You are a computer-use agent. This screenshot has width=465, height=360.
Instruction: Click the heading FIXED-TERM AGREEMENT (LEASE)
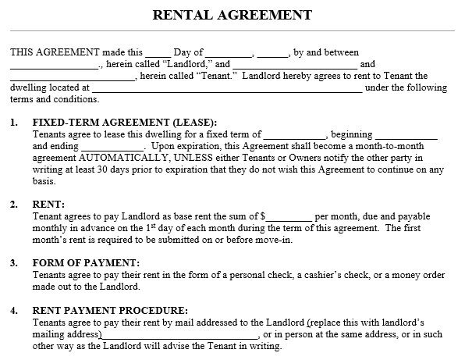[124, 123]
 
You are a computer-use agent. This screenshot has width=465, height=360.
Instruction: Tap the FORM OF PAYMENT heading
[86, 262]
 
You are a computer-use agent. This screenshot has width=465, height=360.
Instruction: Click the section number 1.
[13, 123]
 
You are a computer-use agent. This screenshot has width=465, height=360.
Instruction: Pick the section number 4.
[13, 309]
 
